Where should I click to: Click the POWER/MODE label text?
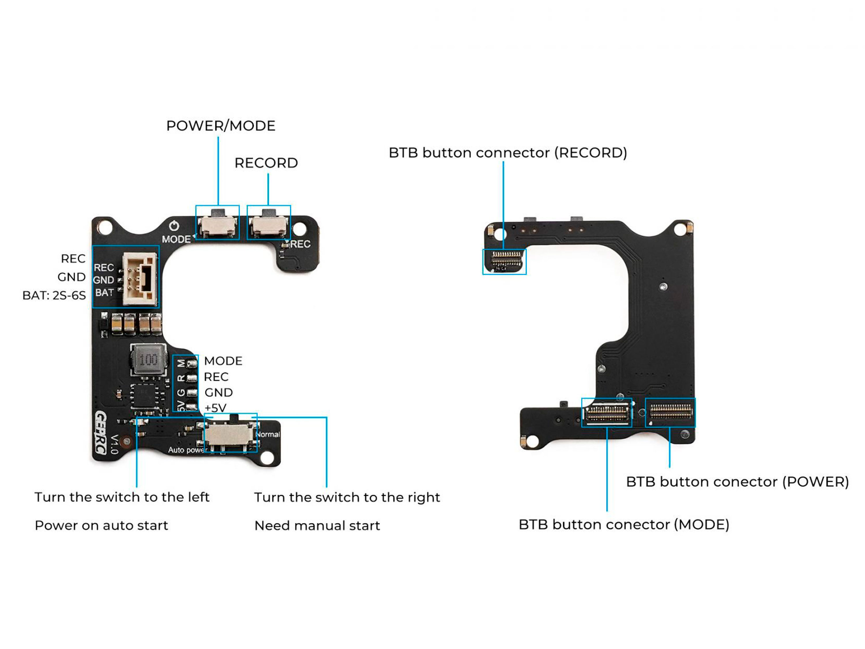[x=221, y=126]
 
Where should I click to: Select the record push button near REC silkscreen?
[x=269, y=225]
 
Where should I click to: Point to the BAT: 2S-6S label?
[x=54, y=295]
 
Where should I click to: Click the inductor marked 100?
[x=148, y=359]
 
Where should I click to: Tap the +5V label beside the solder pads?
[x=215, y=408]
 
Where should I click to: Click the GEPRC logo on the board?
[x=101, y=433]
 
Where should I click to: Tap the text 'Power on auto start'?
[x=101, y=525]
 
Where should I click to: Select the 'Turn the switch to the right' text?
[x=347, y=497]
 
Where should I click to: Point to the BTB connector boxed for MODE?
[x=607, y=413]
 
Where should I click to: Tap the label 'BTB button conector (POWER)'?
[x=737, y=482]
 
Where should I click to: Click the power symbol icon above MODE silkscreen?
[x=174, y=226]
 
